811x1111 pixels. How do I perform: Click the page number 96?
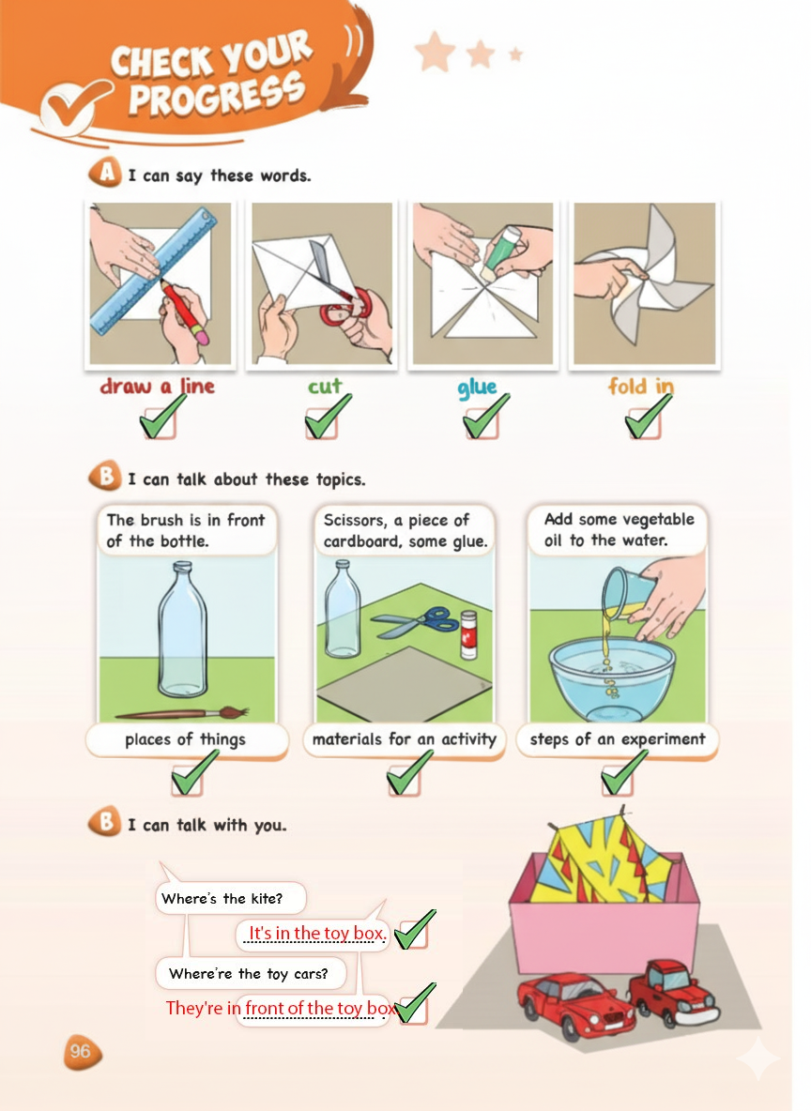(x=80, y=1051)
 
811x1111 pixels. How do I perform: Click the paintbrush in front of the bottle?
(x=181, y=713)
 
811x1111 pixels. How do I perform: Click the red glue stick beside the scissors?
(x=468, y=635)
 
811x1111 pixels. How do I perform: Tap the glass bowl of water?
(x=611, y=677)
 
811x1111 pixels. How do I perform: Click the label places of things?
(x=186, y=739)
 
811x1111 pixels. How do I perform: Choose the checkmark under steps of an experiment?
(x=624, y=772)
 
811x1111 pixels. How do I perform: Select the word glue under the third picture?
(x=477, y=387)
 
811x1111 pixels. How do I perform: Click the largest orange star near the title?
(x=435, y=53)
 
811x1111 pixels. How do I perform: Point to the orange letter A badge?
(x=106, y=172)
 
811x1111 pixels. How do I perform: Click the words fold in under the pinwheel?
(x=641, y=387)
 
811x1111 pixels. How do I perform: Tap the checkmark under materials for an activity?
(x=410, y=773)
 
